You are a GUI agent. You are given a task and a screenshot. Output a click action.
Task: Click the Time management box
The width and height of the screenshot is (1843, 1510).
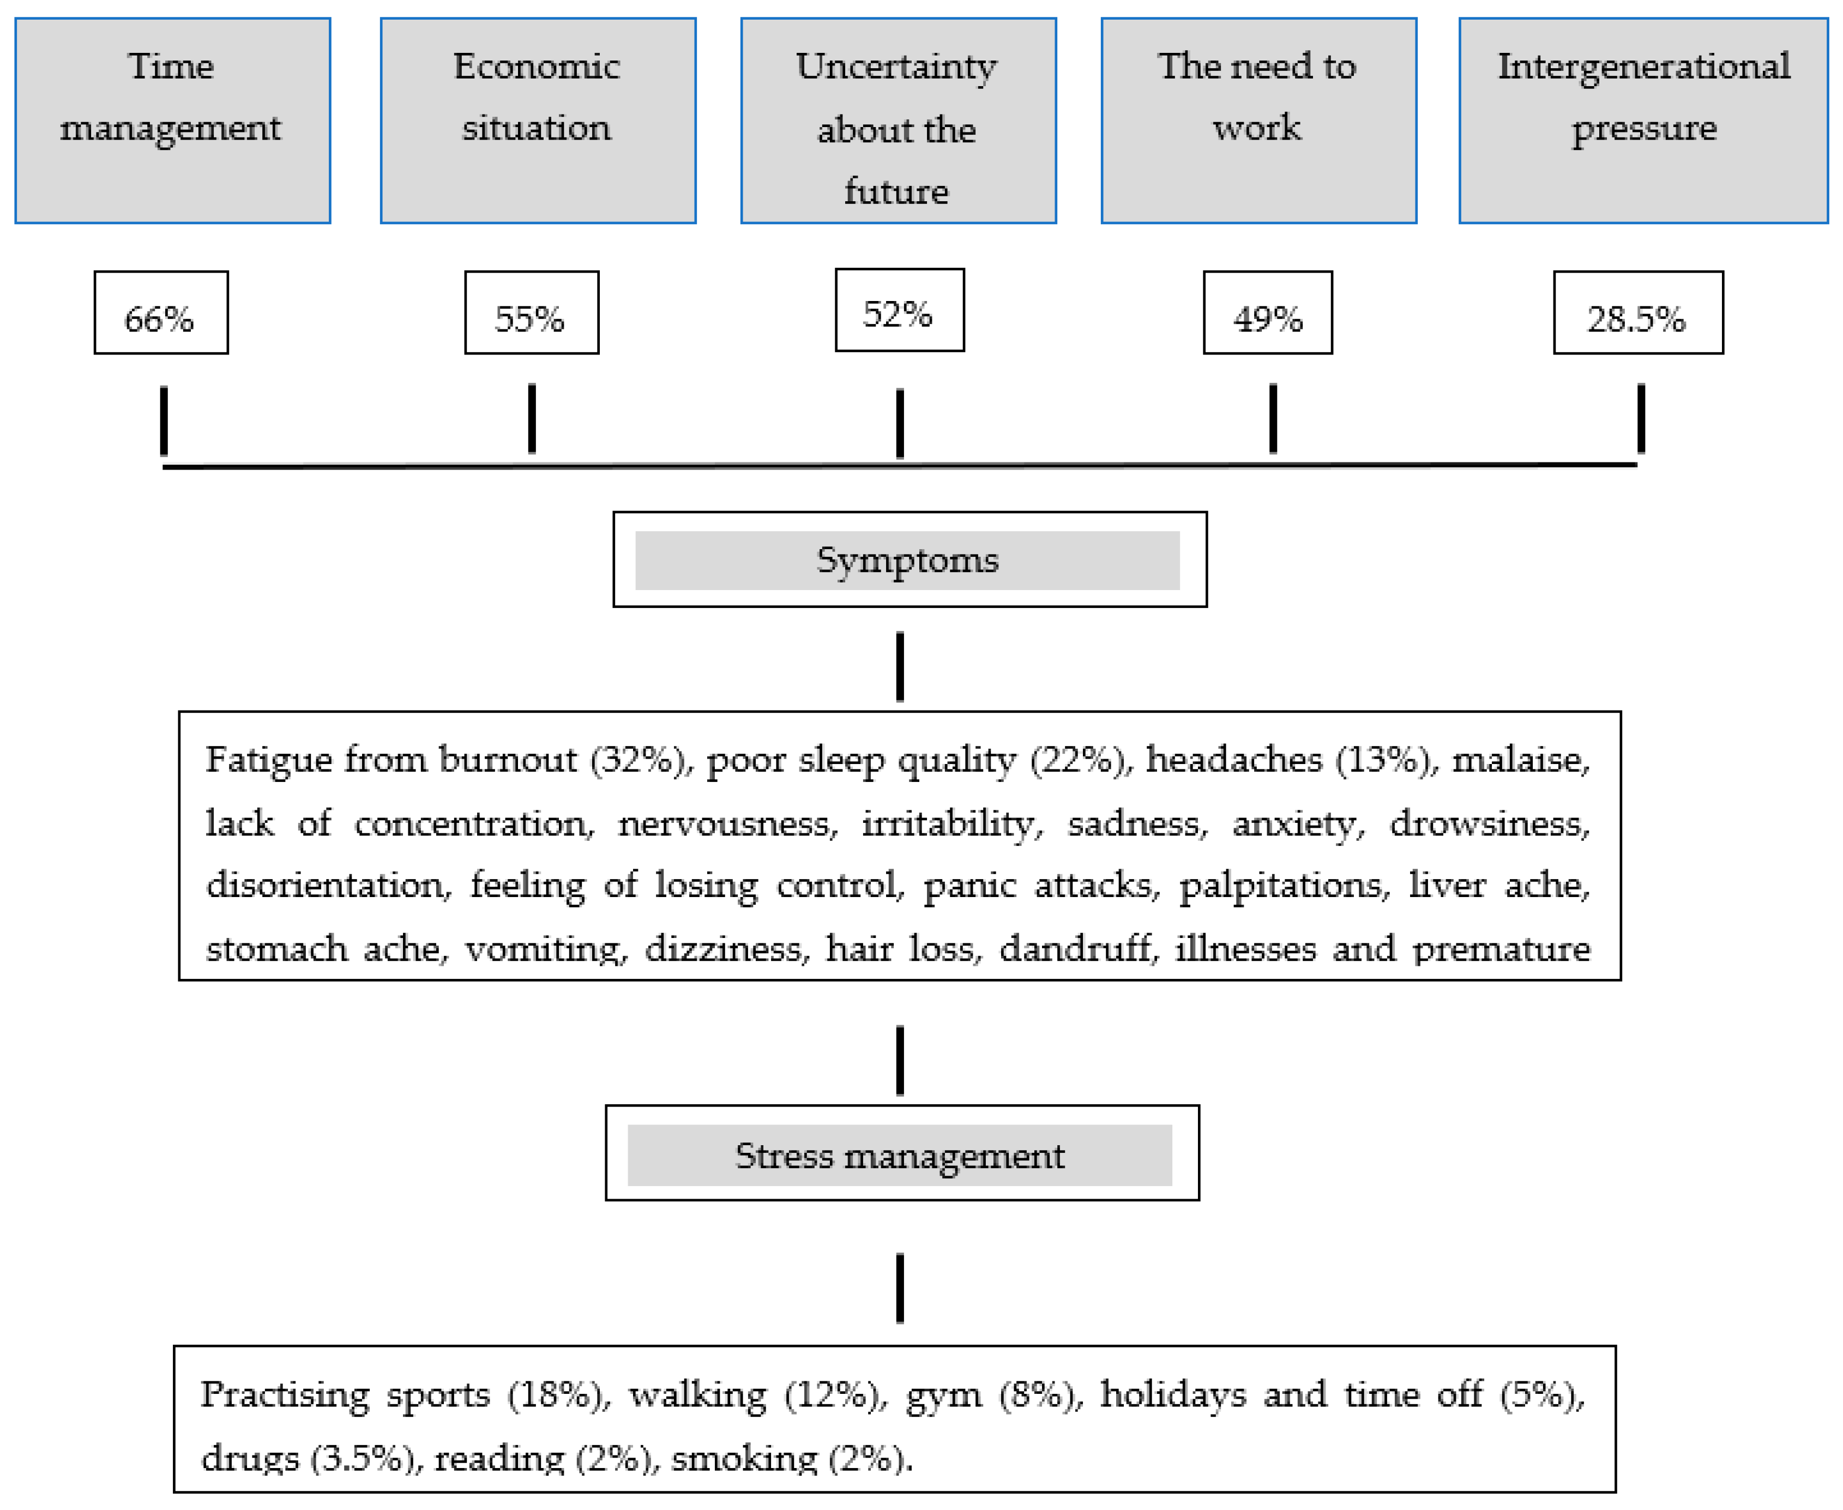pyautogui.click(x=172, y=120)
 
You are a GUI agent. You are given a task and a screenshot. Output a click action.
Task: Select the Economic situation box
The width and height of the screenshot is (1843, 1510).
pyautogui.click(x=538, y=120)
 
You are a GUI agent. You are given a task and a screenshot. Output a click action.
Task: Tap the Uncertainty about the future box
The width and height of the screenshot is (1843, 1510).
pyautogui.click(x=898, y=120)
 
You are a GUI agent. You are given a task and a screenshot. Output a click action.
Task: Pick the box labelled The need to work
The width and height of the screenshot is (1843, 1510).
pyautogui.click(x=1258, y=120)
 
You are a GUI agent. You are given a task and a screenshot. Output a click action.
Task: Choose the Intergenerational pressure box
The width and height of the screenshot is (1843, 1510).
pyautogui.click(x=1643, y=120)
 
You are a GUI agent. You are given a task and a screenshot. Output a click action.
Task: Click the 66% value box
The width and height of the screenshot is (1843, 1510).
pyautogui.click(x=161, y=312)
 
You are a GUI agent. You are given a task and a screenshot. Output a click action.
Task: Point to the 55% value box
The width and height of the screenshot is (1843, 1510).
pyautogui.click(x=532, y=312)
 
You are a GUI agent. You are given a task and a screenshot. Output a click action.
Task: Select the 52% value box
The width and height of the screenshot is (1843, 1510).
pyautogui.click(x=899, y=310)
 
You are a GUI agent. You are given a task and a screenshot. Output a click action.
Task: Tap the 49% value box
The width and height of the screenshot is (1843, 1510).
pyautogui.click(x=1267, y=312)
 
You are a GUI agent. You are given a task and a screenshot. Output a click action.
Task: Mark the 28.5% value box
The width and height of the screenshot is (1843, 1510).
pyautogui.click(x=1638, y=312)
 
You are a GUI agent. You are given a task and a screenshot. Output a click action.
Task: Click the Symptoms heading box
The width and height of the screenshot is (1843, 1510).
pyautogui.click(x=909, y=560)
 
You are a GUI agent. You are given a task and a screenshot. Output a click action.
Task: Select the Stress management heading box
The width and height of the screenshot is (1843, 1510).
pyautogui.click(x=901, y=1153)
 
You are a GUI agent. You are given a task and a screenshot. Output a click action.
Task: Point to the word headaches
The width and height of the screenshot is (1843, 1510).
pyautogui.click(x=1233, y=759)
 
